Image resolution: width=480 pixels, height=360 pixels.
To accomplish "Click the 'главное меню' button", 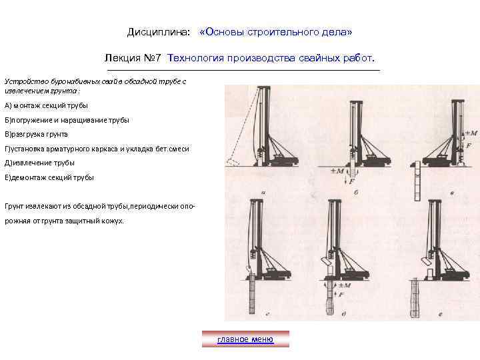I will tap(245, 339).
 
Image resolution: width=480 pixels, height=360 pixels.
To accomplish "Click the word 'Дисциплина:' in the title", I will tap(158, 32).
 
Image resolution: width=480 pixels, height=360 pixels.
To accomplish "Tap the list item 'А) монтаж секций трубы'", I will tap(46, 105).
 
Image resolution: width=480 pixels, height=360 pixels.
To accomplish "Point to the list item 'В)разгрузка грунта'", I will tap(36, 134).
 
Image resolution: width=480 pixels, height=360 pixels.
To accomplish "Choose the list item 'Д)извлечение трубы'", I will tap(39, 163).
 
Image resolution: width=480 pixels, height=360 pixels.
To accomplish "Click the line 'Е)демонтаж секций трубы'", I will tap(49, 177).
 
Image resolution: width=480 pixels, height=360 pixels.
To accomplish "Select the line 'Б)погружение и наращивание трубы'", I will tap(67, 120).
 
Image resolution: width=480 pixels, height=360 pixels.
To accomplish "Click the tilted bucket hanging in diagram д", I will tap(326, 260).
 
